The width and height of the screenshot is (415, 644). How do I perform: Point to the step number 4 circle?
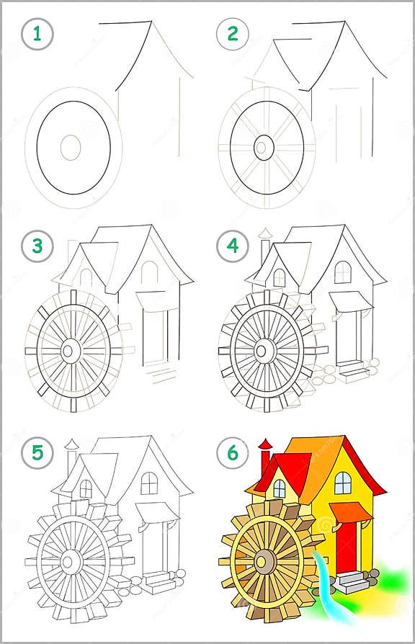point(233,246)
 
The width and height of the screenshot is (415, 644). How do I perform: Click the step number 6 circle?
point(233,453)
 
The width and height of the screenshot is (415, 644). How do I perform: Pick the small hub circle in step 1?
point(70,147)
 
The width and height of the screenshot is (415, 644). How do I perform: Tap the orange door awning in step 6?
point(351,512)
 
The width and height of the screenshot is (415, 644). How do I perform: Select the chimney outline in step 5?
point(71,457)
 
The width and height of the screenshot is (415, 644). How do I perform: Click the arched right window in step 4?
point(343,272)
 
